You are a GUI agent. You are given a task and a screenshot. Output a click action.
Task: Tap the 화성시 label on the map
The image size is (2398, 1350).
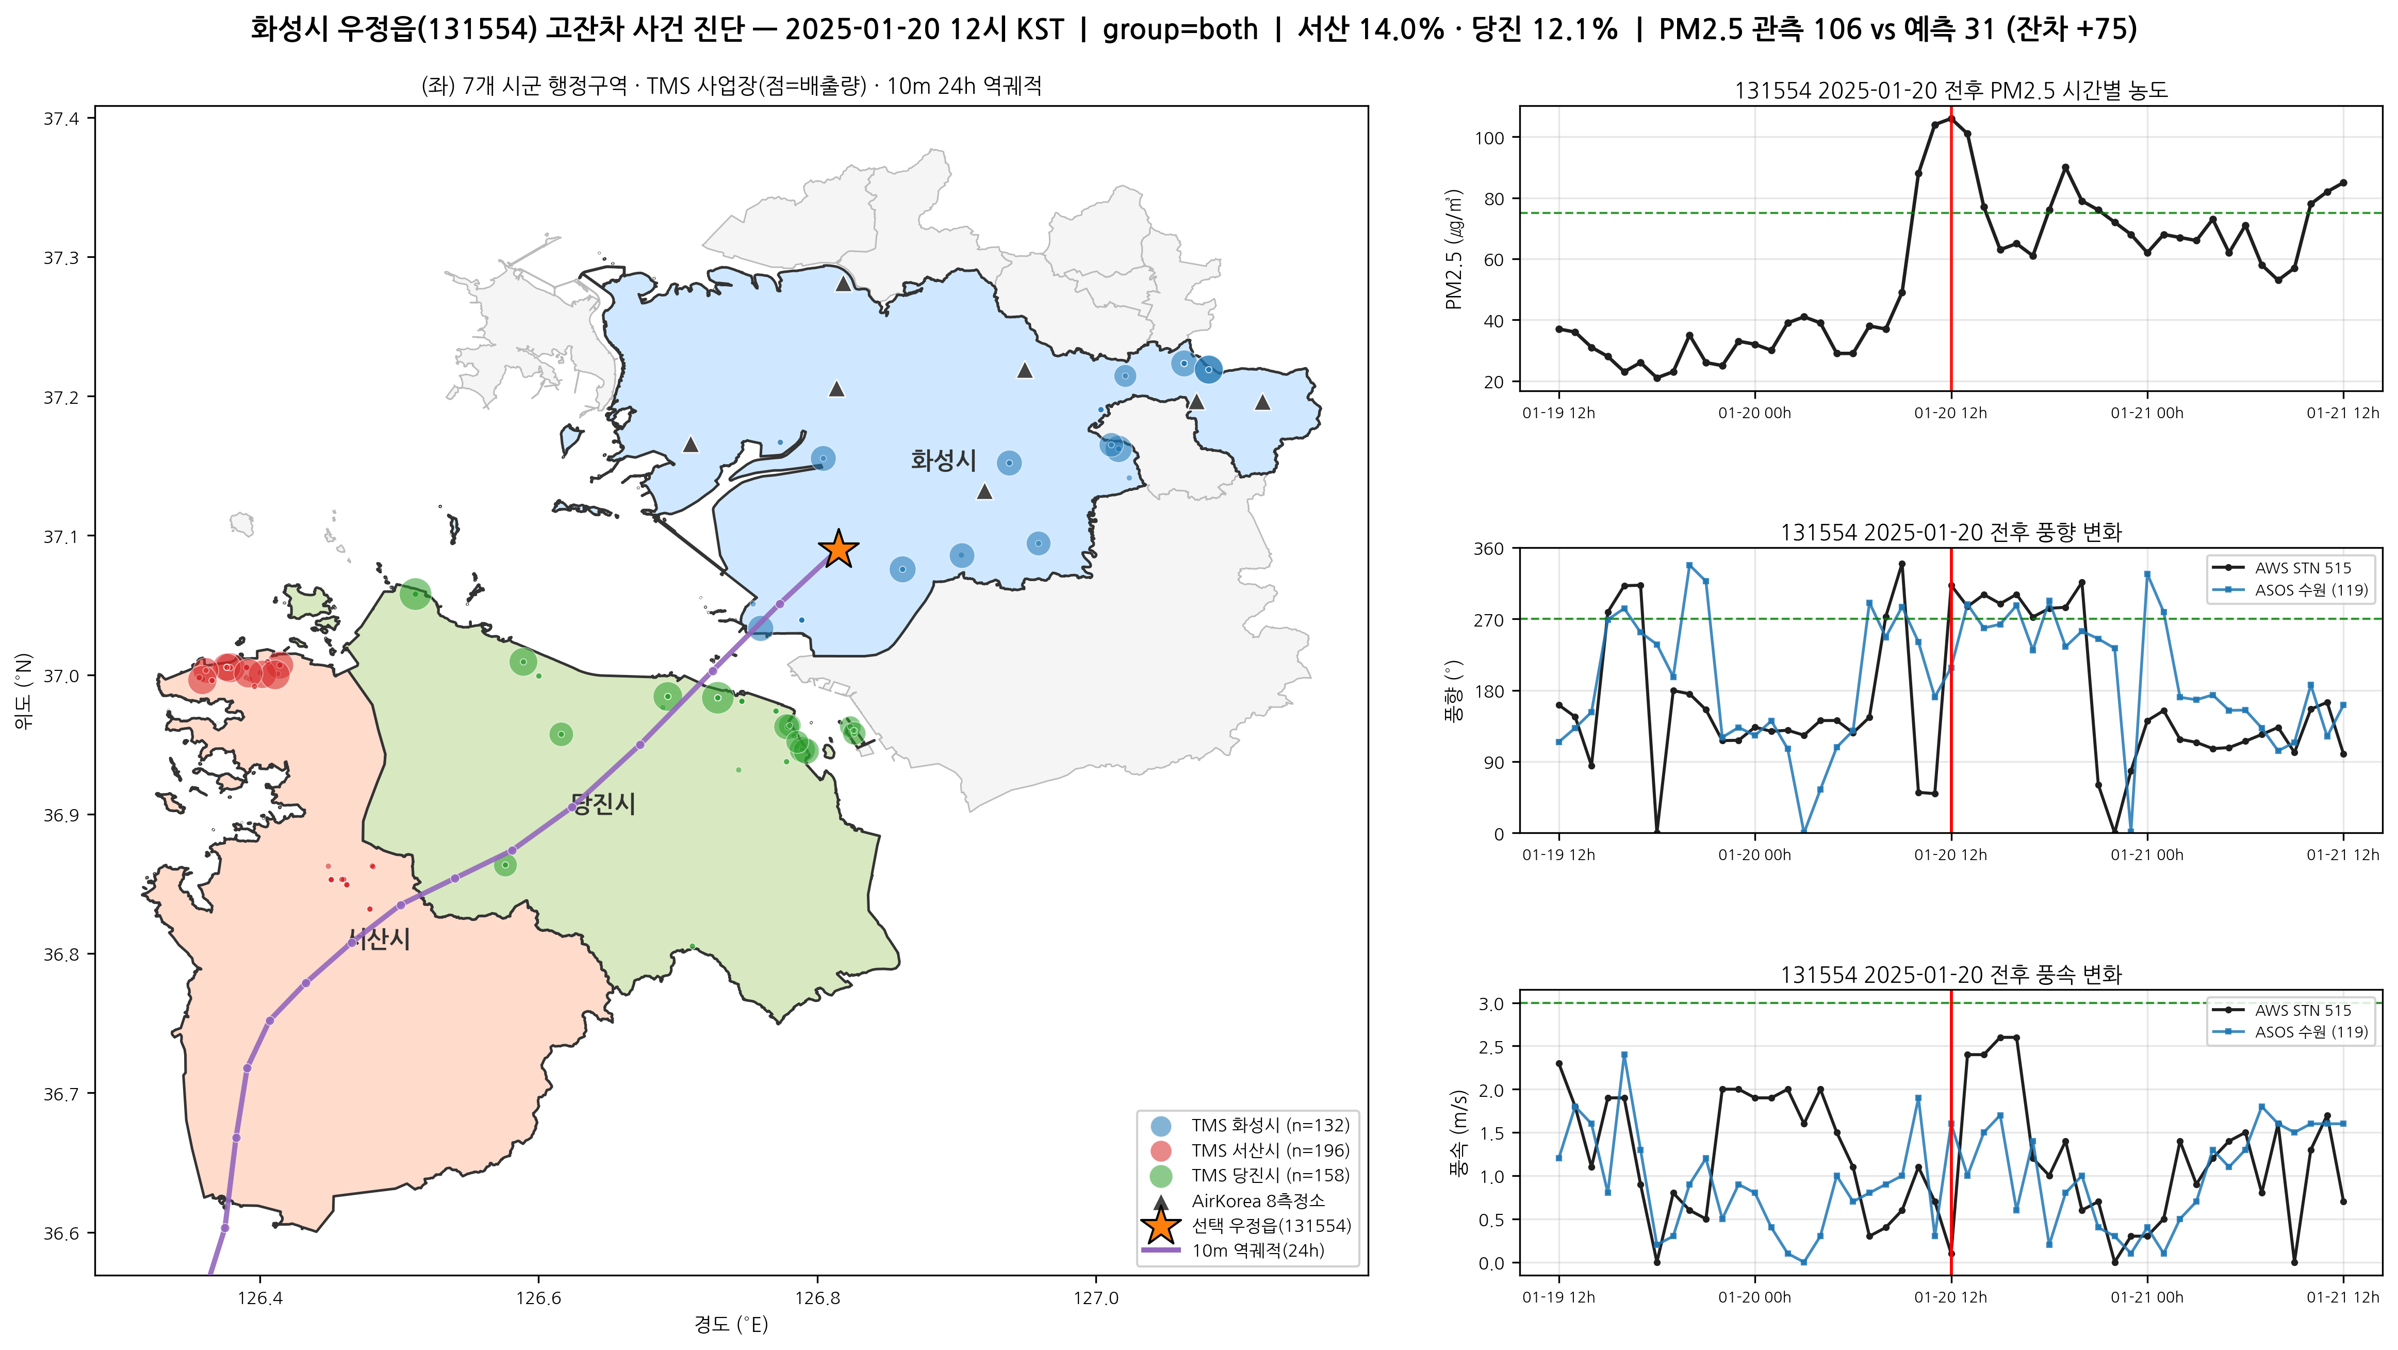click(943, 460)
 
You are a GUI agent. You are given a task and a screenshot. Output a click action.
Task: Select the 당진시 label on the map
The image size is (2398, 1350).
click(603, 804)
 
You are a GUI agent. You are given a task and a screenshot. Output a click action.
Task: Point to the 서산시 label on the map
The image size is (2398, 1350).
click(379, 939)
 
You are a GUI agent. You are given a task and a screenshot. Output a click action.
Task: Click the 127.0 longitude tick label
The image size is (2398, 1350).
click(1096, 1297)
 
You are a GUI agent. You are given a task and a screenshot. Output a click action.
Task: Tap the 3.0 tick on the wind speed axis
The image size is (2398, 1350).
click(1491, 1003)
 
